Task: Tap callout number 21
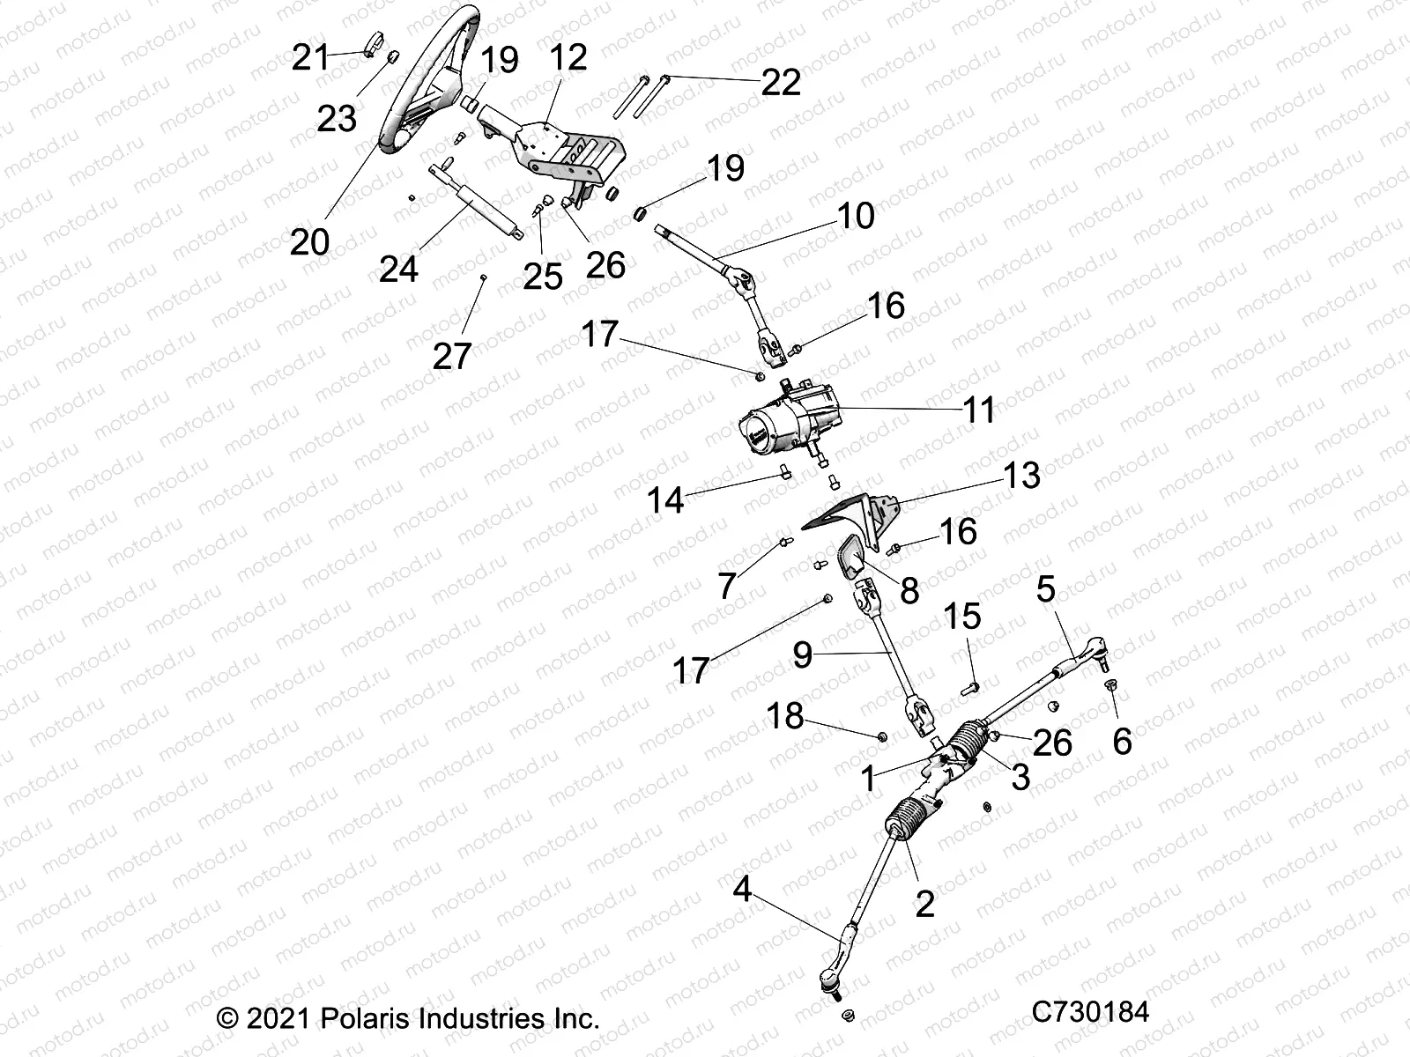(310, 58)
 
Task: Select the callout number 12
(568, 58)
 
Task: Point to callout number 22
(781, 83)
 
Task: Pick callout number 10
(856, 215)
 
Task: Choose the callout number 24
(398, 269)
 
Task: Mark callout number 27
(452, 357)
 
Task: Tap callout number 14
(665, 501)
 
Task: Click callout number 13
(1021, 476)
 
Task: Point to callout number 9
(802, 655)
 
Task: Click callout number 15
(962, 617)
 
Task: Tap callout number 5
(1045, 590)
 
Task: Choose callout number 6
(1122, 742)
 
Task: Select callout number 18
(785, 716)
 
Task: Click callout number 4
(742, 891)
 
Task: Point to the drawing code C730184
(1092, 1011)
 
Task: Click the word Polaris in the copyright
(358, 1019)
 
